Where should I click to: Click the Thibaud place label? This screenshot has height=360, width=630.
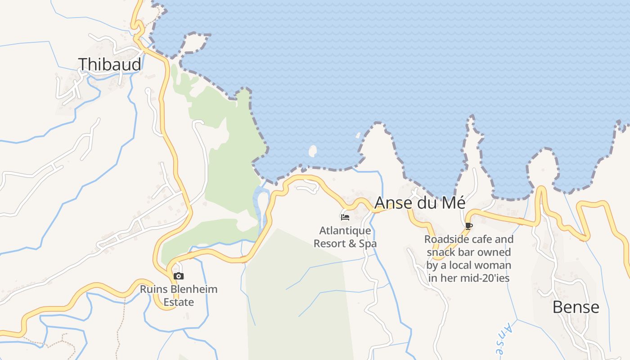click(x=110, y=64)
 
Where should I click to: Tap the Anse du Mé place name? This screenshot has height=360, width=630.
click(x=419, y=203)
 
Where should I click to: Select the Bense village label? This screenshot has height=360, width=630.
click(x=576, y=307)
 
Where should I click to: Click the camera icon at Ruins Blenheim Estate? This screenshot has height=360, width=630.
click(x=179, y=276)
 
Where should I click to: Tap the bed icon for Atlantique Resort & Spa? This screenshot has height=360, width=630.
click(x=345, y=217)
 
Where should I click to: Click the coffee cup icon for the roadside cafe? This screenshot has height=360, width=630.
click(x=468, y=226)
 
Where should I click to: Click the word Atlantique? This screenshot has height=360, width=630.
click(x=345, y=231)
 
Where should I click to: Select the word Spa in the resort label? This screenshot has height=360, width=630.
click(x=367, y=244)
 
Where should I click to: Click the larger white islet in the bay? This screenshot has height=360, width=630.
click(x=312, y=151)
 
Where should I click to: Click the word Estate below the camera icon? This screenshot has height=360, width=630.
click(x=179, y=302)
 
